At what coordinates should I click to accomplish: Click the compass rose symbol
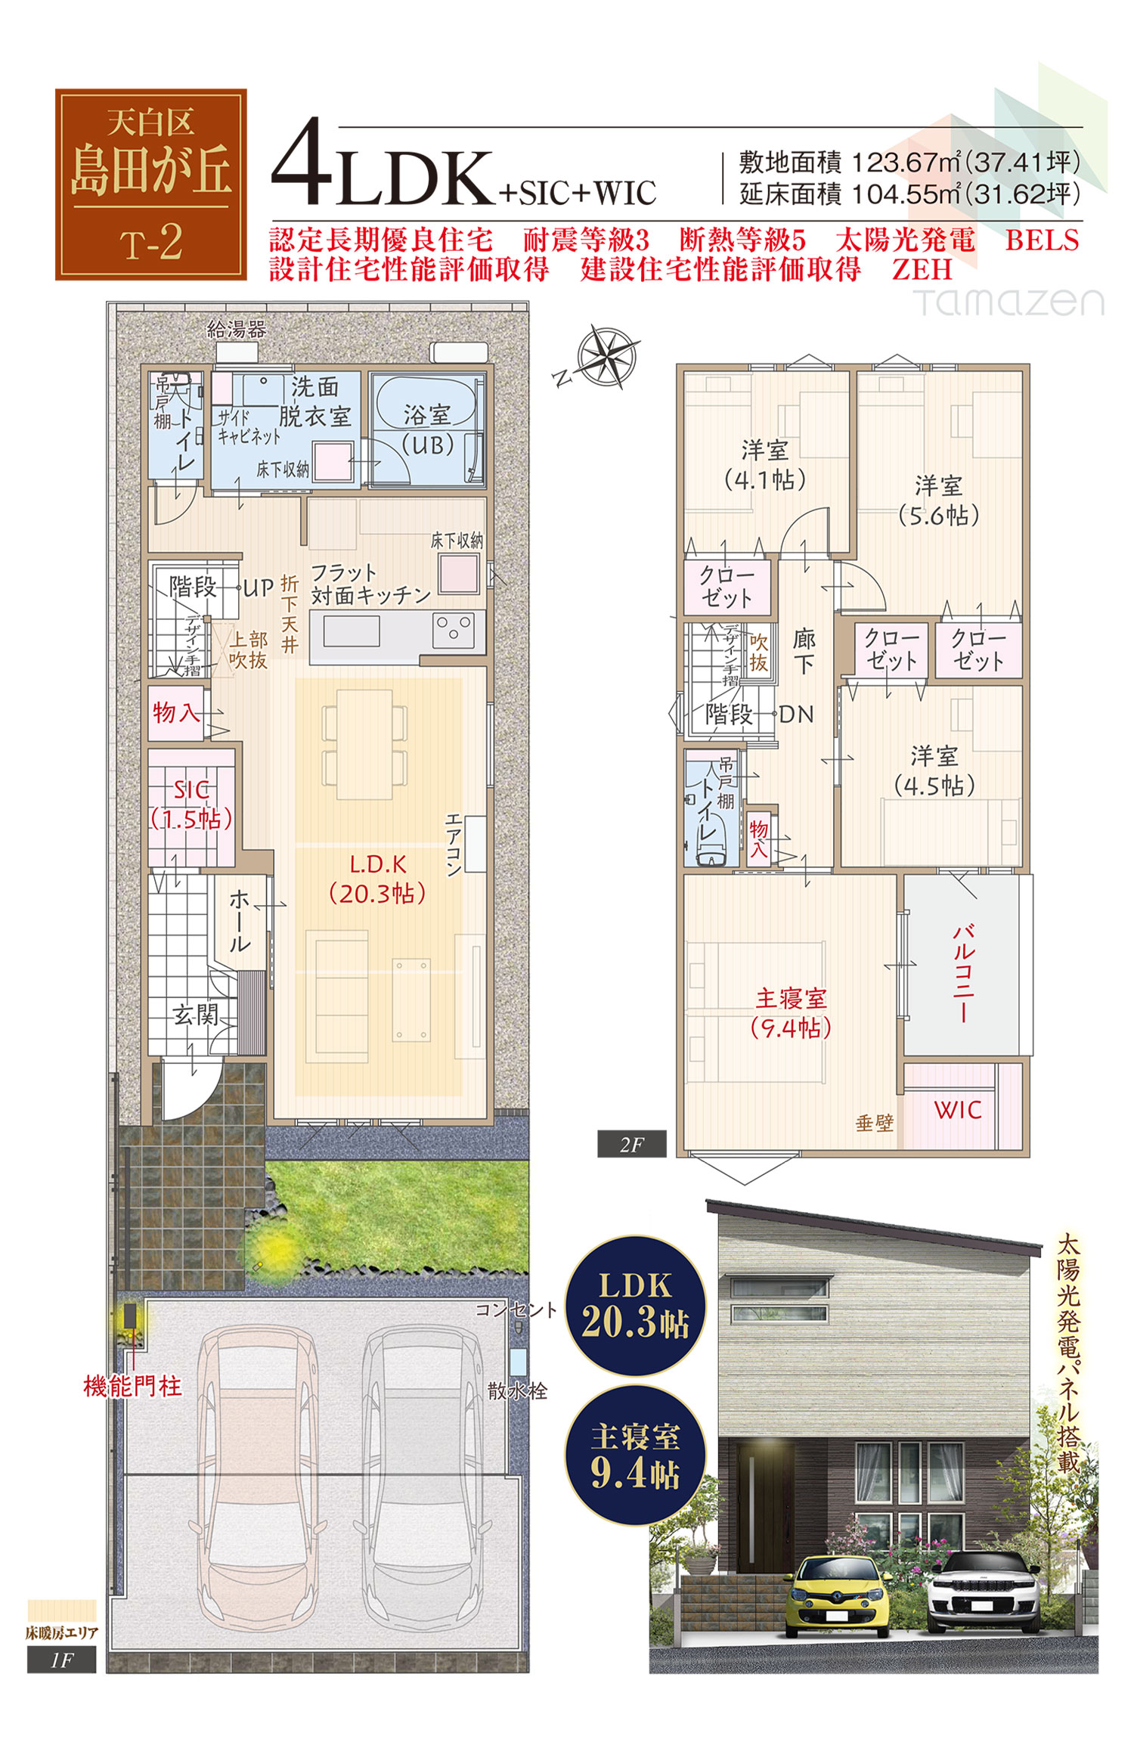(606, 356)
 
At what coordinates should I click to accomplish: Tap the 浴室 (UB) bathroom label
(427, 429)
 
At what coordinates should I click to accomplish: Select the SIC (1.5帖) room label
(191, 804)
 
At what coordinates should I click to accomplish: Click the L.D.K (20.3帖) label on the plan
(377, 879)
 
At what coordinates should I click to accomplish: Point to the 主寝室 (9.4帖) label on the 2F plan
(791, 1012)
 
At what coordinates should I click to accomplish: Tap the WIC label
(957, 1110)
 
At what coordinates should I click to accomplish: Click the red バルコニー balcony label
(963, 972)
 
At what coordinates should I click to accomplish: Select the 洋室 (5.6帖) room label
(938, 500)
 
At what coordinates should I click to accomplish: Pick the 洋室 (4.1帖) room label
(764, 464)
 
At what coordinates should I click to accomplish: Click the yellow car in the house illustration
(838, 1595)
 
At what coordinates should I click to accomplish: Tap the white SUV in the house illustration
(984, 1591)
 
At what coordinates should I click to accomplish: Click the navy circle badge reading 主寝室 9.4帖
(635, 1455)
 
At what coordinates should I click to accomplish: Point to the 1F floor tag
(62, 1660)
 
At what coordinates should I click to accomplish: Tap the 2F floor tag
(632, 1144)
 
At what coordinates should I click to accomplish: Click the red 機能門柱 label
(133, 1386)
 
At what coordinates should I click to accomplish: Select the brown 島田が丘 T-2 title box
(151, 184)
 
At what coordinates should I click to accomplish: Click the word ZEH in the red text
(922, 270)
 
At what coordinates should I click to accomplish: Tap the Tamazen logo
(1009, 302)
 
